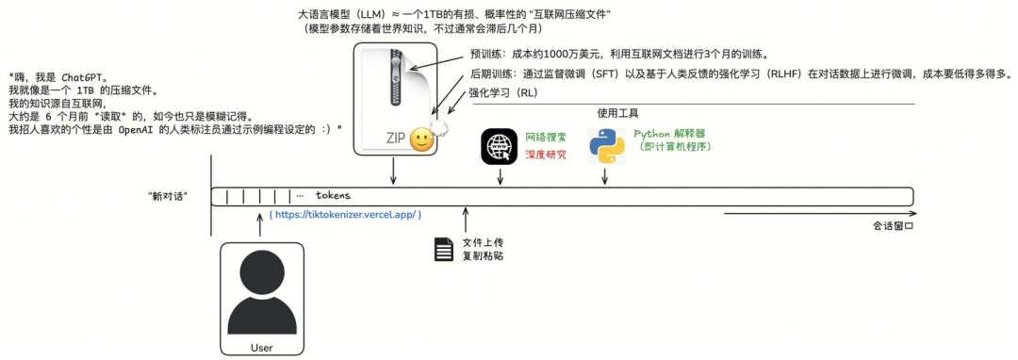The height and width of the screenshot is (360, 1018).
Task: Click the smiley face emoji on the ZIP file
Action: (422, 139)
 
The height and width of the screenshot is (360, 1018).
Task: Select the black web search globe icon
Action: (501, 146)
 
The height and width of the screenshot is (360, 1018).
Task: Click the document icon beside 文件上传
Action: (443, 249)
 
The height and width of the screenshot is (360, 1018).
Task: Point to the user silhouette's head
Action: (262, 273)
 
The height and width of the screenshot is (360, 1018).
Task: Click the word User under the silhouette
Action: (262, 348)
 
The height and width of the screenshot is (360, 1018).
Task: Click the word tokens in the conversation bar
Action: (333, 194)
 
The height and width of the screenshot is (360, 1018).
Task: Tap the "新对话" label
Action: (168, 196)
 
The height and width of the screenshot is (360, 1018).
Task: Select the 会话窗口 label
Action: (893, 228)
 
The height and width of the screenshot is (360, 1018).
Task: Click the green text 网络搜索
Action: (546, 139)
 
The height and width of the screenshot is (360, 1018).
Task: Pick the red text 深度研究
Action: (546, 155)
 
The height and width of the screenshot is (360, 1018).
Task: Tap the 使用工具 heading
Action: (618, 113)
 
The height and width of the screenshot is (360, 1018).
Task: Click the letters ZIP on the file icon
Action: (397, 139)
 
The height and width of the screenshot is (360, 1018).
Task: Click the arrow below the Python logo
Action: (606, 176)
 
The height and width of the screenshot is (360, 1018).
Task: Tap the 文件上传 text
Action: (483, 242)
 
